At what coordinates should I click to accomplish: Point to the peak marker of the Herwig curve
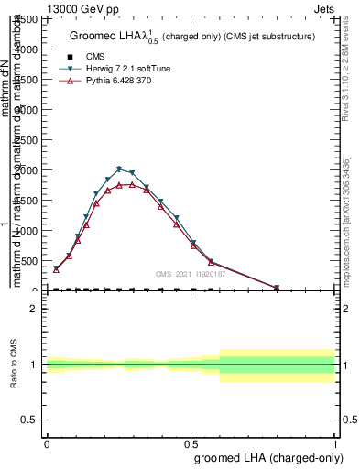119,169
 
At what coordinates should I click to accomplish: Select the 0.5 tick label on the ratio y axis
33,420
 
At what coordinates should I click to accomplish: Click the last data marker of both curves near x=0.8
277,288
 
